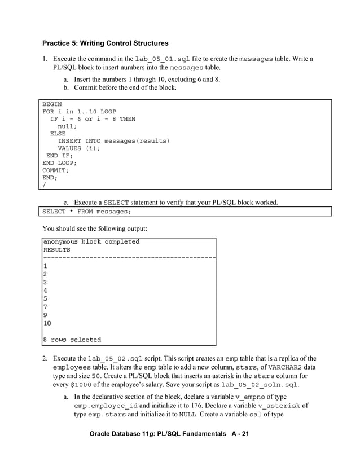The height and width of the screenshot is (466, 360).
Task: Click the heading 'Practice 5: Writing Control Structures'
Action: [106, 43]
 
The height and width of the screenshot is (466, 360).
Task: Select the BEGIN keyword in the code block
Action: [52, 104]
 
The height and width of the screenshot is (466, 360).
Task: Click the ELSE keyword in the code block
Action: [58, 134]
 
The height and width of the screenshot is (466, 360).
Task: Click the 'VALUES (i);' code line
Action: [79, 148]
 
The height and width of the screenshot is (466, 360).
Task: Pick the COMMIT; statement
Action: [56, 170]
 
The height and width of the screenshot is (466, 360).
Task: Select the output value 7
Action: [45, 307]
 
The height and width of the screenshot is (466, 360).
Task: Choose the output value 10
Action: [47, 323]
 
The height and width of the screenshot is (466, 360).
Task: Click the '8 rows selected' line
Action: [72, 340]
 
